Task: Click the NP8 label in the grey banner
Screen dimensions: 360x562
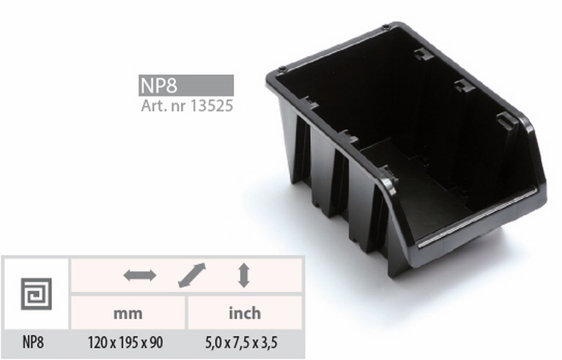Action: (x=158, y=85)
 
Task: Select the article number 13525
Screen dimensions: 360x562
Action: (x=211, y=106)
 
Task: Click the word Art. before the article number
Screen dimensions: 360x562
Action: (x=154, y=106)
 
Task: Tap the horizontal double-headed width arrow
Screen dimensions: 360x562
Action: (x=140, y=275)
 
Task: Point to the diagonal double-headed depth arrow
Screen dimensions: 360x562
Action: (x=192, y=275)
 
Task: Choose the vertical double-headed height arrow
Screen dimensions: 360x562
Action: (x=244, y=275)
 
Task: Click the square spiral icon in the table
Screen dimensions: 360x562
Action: (x=36, y=294)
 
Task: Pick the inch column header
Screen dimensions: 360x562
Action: (x=245, y=313)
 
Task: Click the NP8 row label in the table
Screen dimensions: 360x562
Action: (x=33, y=342)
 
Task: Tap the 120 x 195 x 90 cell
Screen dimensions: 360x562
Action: (x=125, y=342)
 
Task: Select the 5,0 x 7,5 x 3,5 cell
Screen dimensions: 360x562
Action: (x=241, y=343)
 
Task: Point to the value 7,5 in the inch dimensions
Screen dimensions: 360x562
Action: (x=241, y=343)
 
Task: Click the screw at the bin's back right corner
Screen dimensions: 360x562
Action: (x=386, y=27)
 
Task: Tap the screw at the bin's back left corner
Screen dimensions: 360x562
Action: (x=282, y=69)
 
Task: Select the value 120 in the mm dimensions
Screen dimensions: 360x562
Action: (x=97, y=342)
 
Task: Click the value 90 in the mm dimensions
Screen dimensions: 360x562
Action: (x=155, y=342)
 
